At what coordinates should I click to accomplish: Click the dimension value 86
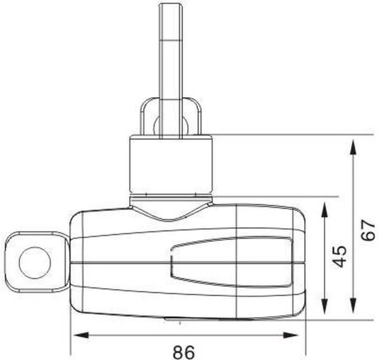[184, 351]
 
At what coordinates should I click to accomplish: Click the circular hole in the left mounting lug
[35, 262]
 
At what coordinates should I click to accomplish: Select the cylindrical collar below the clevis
[171, 164]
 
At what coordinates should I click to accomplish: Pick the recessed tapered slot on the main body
[231, 262]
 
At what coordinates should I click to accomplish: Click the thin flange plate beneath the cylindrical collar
[171, 199]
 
